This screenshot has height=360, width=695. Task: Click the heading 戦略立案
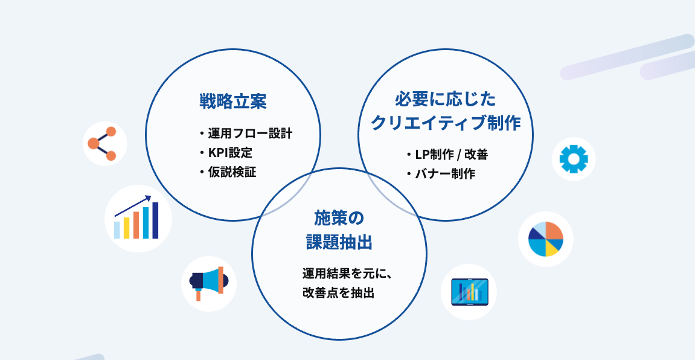tap(232, 101)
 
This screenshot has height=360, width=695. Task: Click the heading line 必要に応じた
tap(445, 98)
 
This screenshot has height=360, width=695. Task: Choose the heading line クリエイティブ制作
tap(445, 123)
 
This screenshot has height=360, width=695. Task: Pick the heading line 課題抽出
tap(339, 242)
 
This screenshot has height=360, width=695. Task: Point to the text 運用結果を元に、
tap(348, 273)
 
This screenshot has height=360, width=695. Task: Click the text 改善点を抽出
tap(339, 293)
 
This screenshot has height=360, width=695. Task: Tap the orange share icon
tap(104, 143)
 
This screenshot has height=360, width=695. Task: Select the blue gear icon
tap(573, 159)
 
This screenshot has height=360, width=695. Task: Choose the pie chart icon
tap(545, 239)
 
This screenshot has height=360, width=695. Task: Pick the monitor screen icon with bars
tap(469, 292)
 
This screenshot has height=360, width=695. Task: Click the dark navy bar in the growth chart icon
tap(155, 220)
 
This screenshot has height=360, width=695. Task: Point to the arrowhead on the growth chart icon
tap(148, 198)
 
